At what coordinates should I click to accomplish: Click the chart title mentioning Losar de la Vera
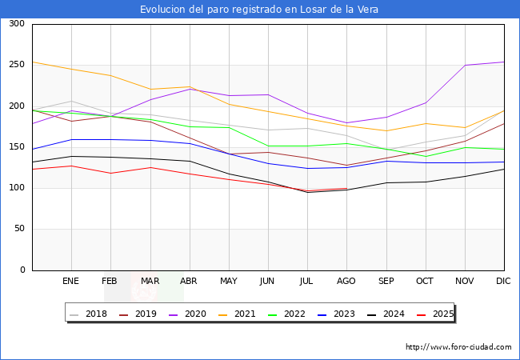259,10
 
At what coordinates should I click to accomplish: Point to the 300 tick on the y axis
15,24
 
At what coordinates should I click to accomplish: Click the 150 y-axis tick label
15,147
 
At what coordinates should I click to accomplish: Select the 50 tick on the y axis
18,230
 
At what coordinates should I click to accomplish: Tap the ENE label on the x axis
71,282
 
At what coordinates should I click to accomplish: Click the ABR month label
189,282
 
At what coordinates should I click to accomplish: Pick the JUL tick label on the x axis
306,282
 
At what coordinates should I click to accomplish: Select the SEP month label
386,282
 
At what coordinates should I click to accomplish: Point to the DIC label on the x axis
503,282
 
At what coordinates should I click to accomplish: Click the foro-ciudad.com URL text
458,347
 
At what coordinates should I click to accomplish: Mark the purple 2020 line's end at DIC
503,62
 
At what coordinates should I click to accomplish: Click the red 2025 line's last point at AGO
346,189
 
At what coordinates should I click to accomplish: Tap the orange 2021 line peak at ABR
189,86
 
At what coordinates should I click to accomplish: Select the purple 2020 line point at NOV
464,66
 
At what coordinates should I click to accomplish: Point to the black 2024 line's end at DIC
503,169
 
